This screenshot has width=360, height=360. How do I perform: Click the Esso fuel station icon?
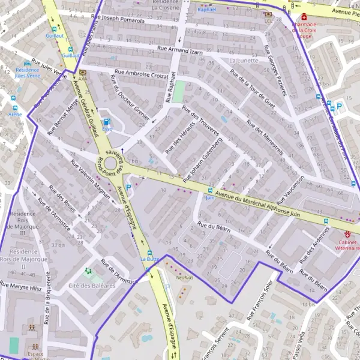point(107,121)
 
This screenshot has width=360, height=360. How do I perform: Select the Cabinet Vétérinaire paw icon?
point(347,233)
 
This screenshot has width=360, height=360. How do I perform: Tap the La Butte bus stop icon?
point(150,253)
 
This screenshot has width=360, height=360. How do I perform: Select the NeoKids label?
point(185,278)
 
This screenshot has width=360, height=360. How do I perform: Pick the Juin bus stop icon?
point(210,190)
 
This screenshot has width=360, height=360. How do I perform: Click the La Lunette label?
point(244,61)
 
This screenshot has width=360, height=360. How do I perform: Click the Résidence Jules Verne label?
point(26,73)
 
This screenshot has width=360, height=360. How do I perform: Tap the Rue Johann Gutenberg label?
point(206,158)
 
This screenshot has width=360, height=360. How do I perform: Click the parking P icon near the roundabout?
point(128,187)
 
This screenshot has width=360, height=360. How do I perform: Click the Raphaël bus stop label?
point(206,10)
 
